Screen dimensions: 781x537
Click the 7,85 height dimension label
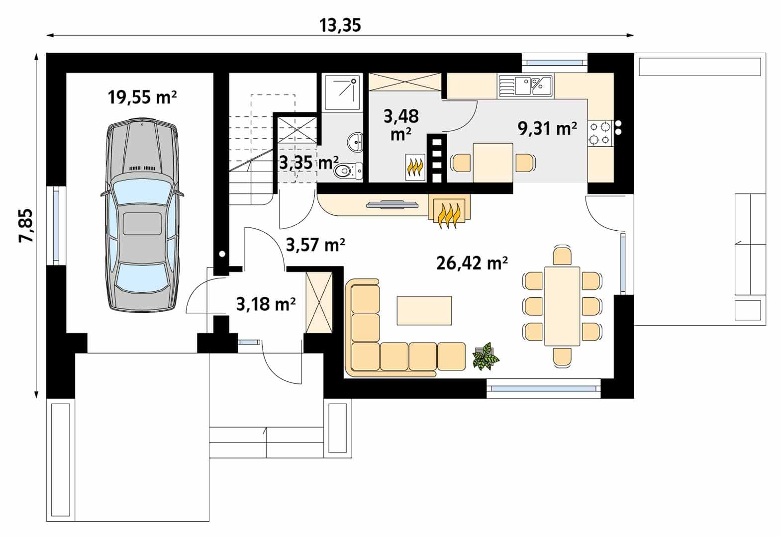click(x=26, y=225)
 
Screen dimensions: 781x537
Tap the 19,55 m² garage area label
click(x=142, y=97)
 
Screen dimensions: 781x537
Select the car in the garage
click(x=142, y=215)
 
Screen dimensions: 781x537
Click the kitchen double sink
click(x=525, y=86)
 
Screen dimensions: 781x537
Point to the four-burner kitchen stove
click(x=600, y=133)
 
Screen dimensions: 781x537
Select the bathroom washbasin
click(x=355, y=142)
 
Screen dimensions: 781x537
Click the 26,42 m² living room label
click(x=472, y=263)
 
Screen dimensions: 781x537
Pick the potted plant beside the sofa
click(x=486, y=356)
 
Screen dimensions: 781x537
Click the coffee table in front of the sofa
click(x=424, y=310)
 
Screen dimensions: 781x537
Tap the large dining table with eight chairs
click(x=562, y=306)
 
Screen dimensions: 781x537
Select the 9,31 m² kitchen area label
click(x=547, y=129)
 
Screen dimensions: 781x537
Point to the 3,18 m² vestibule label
click(x=266, y=304)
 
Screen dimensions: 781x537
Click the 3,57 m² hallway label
click(x=315, y=245)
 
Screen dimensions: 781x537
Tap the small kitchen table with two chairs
click(x=493, y=163)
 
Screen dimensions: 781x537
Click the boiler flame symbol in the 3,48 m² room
click(x=415, y=167)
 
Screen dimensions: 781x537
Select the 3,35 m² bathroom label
click(x=309, y=163)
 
